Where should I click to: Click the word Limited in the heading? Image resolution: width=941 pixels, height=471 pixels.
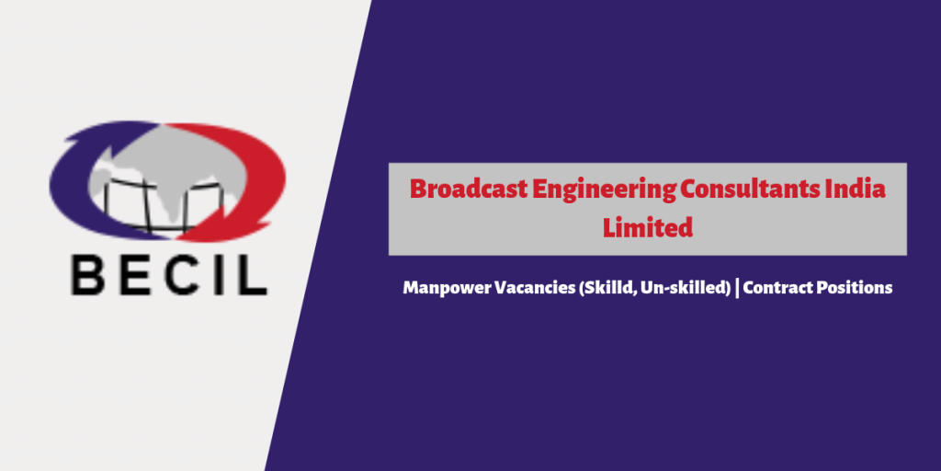click(648, 228)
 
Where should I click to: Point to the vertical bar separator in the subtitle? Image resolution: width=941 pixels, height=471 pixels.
click(737, 288)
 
